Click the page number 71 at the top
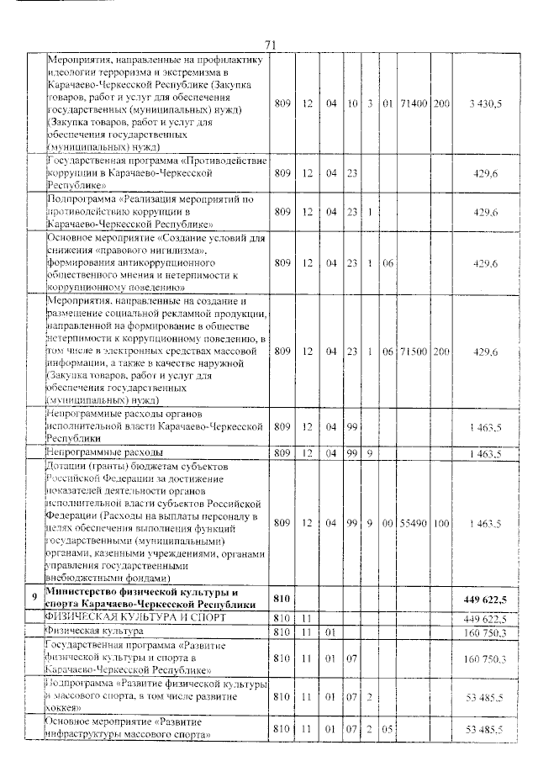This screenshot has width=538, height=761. point(270,45)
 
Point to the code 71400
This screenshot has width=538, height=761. point(415,103)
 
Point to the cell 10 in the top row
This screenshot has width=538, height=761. point(353,103)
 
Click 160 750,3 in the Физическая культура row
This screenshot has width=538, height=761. point(484,631)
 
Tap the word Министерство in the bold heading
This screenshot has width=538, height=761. point(87,592)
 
